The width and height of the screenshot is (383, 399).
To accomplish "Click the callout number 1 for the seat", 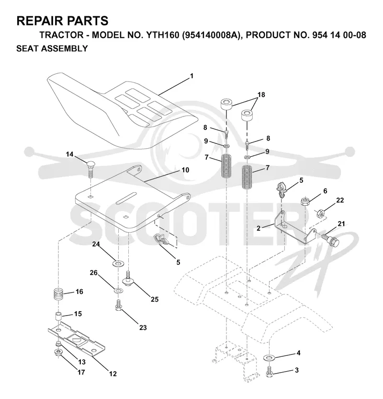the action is click(192, 76).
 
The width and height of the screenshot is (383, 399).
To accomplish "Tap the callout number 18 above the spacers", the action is click(261, 94).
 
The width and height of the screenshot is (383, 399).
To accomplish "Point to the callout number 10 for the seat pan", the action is click(185, 170).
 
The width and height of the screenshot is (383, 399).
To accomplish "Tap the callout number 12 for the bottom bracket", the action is click(113, 374).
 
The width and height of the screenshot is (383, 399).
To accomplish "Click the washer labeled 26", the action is click(118, 290).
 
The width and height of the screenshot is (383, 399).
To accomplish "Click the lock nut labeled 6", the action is click(305, 202).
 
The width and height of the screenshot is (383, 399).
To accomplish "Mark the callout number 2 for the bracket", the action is click(259, 228).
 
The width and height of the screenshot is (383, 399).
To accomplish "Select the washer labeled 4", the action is click(269, 358).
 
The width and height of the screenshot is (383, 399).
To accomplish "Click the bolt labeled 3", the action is click(270, 373).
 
